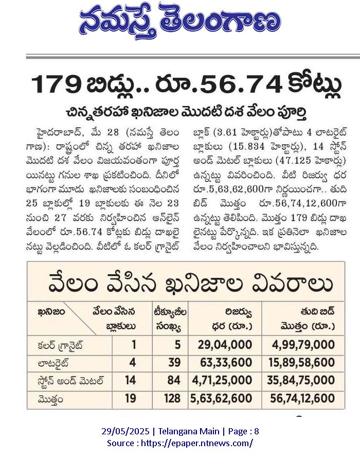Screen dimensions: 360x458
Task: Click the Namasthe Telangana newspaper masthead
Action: (x=180, y=21)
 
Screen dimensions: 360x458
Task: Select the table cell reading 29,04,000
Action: (x=225, y=345)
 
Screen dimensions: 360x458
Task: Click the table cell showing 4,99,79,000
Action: (x=303, y=345)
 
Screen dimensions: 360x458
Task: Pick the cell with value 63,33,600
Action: (x=226, y=362)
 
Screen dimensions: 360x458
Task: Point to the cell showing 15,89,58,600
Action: (x=301, y=362)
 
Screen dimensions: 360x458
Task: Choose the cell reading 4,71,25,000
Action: (x=222, y=380)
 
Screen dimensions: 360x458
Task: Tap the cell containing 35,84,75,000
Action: (x=301, y=380)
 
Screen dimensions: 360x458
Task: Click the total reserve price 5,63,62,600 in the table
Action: (x=221, y=398)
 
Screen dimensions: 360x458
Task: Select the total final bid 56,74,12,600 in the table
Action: (x=302, y=398)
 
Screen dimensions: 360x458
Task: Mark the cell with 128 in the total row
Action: (x=172, y=398)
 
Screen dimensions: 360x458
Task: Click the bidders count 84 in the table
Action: (x=174, y=380)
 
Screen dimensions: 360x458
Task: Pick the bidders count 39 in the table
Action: (x=174, y=362)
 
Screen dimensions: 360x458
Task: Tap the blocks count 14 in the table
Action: (x=130, y=380)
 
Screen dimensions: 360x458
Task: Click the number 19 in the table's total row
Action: (x=131, y=398)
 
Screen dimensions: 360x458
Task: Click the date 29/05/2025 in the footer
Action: (x=125, y=431)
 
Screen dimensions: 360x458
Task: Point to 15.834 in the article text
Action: (x=242, y=147)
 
